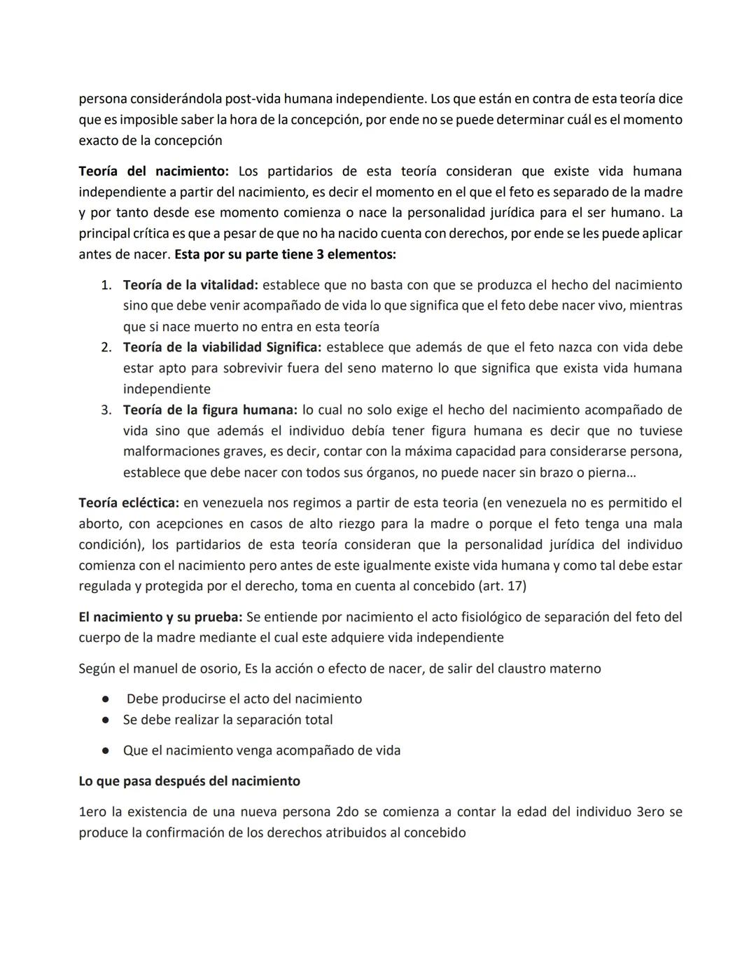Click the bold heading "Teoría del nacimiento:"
click(x=153, y=172)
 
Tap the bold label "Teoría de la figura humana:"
click(x=210, y=410)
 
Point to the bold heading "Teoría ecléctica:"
click(x=129, y=503)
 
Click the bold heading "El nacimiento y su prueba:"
click(x=160, y=617)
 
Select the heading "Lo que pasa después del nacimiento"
click(x=189, y=781)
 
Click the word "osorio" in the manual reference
click(x=218, y=669)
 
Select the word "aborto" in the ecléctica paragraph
click(x=99, y=524)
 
